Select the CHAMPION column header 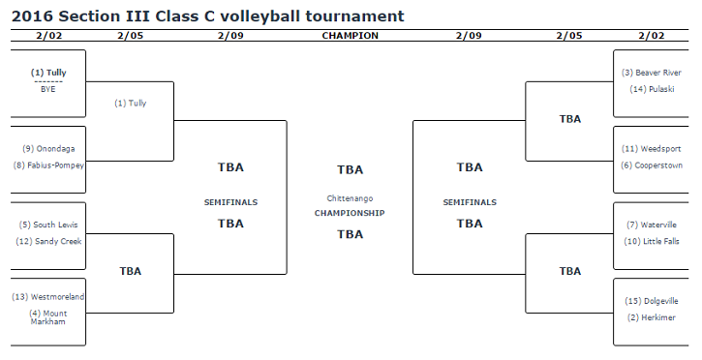coord(351,36)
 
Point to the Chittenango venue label coord(350,198)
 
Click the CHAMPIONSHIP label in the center coord(350,213)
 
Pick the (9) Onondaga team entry coord(48,149)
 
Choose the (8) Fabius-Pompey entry coord(48,165)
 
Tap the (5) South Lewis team coord(48,225)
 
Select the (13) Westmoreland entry coord(48,297)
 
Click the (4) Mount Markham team coord(48,317)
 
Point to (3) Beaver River coord(652,73)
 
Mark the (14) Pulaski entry coord(652,89)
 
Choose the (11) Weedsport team coord(652,149)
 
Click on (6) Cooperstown coord(652,165)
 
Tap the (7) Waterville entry coord(652,225)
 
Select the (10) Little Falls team coord(652,242)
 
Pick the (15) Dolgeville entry coord(652,301)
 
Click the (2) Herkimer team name coord(652,317)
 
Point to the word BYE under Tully coord(48,89)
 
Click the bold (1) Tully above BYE coord(48,73)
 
